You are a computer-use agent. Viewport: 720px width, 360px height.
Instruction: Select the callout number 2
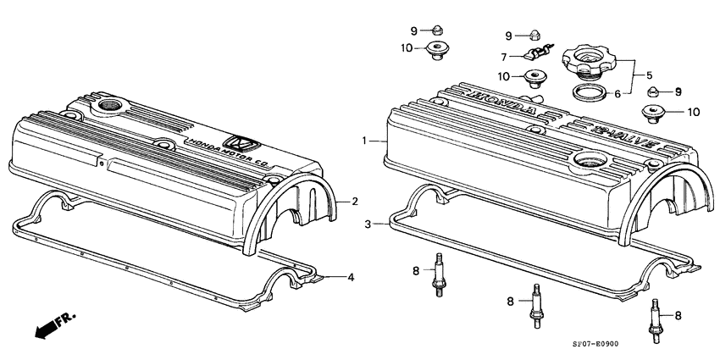(x=356, y=201)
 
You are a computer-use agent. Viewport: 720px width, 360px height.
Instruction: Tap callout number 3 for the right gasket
(x=368, y=224)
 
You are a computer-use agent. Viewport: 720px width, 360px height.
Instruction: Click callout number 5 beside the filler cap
(x=650, y=74)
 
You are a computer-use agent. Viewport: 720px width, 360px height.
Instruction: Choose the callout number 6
(x=618, y=94)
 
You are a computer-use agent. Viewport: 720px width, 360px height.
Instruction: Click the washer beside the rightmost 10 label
(x=656, y=111)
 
